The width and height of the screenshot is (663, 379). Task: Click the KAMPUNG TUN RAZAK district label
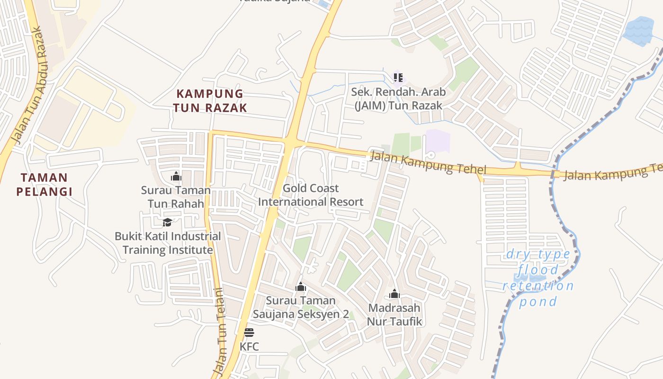pos(209,100)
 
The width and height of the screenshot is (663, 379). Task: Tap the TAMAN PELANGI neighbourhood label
pos(44,185)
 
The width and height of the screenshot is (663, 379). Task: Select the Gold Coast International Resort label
pos(311,195)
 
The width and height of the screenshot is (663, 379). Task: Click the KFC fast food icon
pos(249,332)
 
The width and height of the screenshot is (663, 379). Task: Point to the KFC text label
pos(249,346)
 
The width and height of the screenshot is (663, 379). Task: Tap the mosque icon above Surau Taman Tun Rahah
pos(176,177)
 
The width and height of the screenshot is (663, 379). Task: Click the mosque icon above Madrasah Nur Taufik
pos(394,294)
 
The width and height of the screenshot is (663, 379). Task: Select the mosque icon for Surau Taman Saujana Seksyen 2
pos(301,287)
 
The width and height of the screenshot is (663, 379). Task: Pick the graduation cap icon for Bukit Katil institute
pos(167,222)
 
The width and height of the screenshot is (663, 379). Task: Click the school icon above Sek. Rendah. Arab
pos(398,77)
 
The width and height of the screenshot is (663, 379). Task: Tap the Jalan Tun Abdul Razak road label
pos(29,85)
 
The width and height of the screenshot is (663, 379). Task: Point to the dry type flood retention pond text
pos(538,278)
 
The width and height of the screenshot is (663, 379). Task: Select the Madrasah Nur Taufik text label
pos(394,315)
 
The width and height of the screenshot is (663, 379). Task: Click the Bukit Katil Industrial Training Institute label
pos(168,243)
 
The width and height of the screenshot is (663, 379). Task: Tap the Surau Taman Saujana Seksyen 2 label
pos(301,307)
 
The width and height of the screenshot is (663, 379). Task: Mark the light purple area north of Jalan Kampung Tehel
pos(438,142)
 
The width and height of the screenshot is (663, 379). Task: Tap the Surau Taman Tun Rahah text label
pos(176,197)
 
